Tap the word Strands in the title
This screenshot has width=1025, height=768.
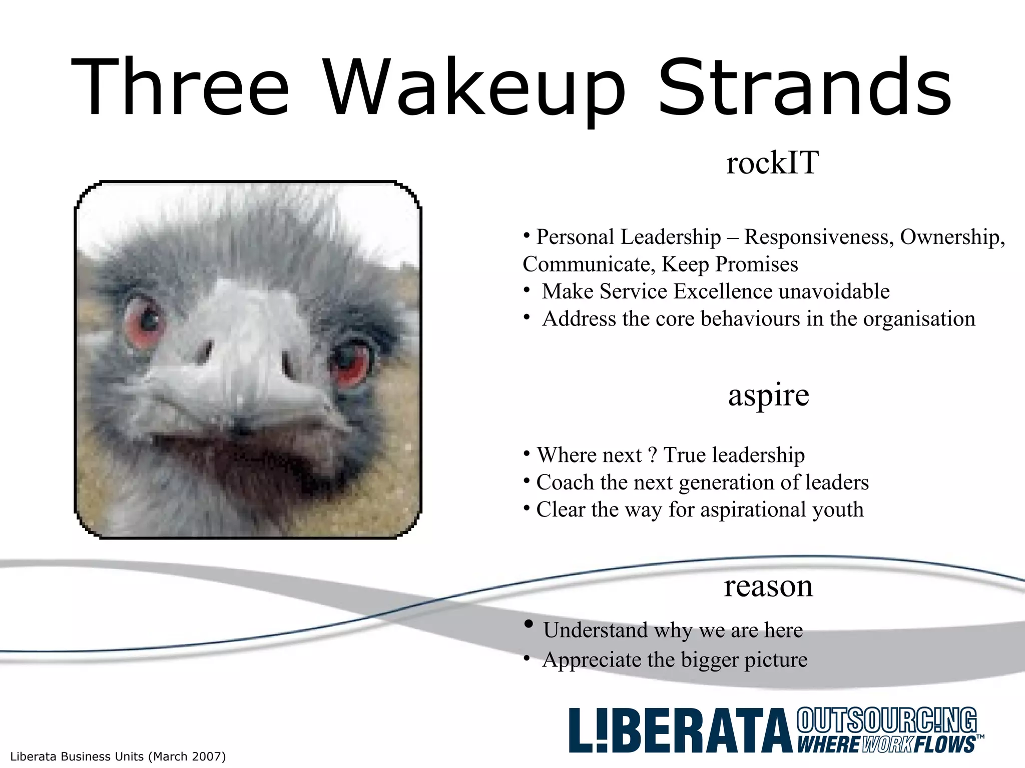(x=804, y=89)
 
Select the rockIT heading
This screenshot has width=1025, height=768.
(x=772, y=163)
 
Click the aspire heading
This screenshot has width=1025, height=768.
(x=768, y=396)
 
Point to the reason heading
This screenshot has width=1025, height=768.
(x=768, y=586)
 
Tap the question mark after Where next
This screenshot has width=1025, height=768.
(x=652, y=455)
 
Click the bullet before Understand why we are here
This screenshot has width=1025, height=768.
(x=529, y=624)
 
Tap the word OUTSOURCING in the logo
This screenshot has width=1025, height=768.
(x=886, y=720)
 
